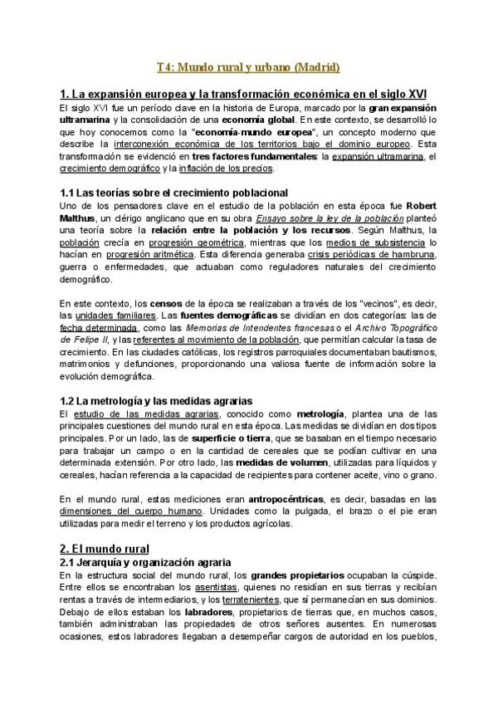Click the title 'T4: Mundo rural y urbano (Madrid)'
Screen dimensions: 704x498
click(x=249, y=66)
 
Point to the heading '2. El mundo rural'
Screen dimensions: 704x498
click(x=105, y=549)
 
